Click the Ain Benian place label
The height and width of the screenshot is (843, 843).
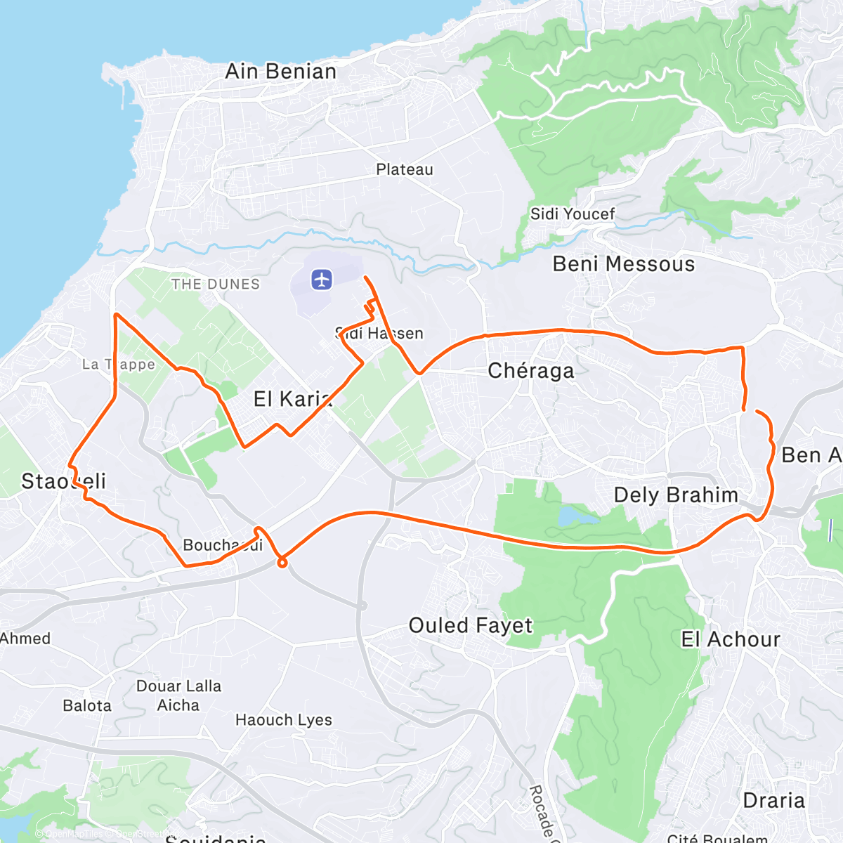[x=280, y=72]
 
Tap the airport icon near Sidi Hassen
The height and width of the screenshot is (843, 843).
[x=322, y=280]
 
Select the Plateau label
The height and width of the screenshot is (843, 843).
[x=405, y=170]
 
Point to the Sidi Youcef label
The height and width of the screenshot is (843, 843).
[x=573, y=214]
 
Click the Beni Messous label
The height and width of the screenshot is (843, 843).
[x=624, y=264]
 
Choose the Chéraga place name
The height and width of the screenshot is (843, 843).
[x=531, y=371]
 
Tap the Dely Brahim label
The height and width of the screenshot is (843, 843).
[x=676, y=495]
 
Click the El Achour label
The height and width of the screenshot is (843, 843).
[x=731, y=639]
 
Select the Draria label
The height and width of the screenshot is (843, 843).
[x=773, y=801]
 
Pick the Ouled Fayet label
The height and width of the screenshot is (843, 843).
[x=471, y=625]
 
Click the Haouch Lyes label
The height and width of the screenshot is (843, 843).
[x=284, y=720]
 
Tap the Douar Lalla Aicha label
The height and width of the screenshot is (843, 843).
[x=178, y=695]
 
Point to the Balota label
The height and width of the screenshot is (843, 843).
[x=87, y=706]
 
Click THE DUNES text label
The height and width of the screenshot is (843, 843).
[x=216, y=285]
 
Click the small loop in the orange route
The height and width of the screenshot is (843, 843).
[x=282, y=561]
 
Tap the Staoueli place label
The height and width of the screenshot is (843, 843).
[x=63, y=481]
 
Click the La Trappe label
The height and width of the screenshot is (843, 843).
[x=118, y=365]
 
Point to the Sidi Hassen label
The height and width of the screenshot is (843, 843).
[x=379, y=333]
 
